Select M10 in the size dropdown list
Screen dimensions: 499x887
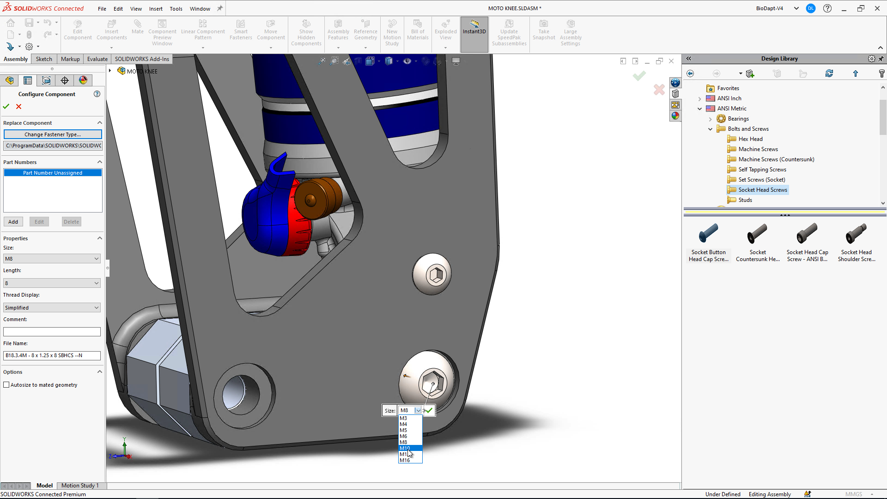point(405,448)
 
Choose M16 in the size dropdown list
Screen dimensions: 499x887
point(405,460)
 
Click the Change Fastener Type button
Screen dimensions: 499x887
point(53,134)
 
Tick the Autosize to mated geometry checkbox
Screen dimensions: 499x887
point(6,385)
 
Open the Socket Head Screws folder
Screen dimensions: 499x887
point(762,190)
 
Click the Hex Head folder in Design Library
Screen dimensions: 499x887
point(750,139)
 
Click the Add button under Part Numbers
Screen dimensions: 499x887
point(13,222)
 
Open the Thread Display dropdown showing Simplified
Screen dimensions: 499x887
point(52,308)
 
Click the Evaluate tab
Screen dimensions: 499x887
point(97,59)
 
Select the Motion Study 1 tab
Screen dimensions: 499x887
point(80,486)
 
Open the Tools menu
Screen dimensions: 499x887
point(176,9)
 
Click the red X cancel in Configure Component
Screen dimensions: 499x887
point(19,107)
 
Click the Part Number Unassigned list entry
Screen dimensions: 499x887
point(53,173)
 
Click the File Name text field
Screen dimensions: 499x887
point(52,355)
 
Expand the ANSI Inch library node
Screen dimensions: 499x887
point(700,98)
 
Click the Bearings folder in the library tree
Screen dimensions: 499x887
point(738,119)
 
